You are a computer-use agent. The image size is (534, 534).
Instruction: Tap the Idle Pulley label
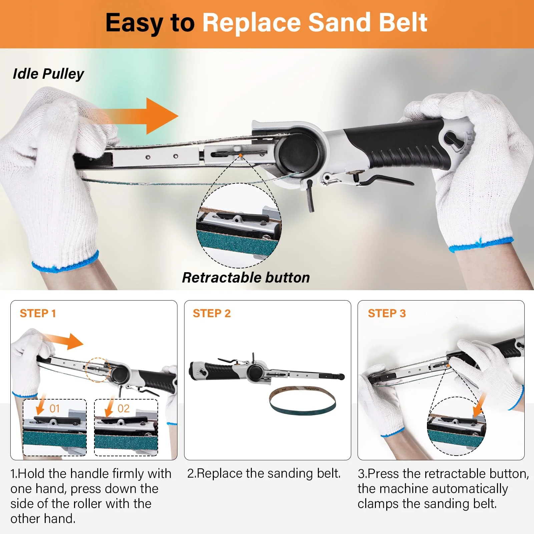point(48,74)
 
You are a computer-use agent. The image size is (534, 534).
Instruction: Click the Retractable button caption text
point(246,278)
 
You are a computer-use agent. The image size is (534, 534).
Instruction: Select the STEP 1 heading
point(38,314)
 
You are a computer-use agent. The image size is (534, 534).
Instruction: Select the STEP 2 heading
point(211,314)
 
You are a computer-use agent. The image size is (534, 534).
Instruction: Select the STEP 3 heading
point(387,314)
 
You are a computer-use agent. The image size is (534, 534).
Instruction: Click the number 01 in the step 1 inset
point(55,409)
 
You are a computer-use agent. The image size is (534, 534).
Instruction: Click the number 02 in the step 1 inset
point(123,409)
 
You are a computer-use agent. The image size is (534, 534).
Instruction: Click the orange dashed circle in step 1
point(97,370)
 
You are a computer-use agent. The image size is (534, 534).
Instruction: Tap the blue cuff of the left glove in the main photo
point(65,262)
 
